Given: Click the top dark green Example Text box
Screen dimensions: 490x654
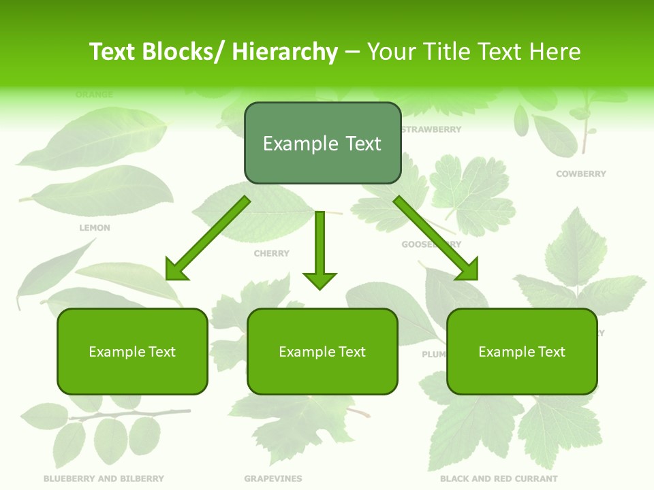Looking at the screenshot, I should coord(322,144).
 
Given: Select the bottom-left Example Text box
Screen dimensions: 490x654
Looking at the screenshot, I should coord(132,352).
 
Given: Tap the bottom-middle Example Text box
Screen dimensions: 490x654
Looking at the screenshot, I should coord(322,352).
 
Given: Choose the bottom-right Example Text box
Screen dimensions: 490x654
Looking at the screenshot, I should coord(522,352).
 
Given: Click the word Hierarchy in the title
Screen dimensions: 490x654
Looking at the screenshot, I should coord(285,52).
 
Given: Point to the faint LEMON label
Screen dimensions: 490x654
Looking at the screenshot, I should coord(95,228).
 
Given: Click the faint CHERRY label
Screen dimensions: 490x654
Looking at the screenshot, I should coord(272,253).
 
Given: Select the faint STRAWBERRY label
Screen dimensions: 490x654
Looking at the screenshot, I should coord(431,129).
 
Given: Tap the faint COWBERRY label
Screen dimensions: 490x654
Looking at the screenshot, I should coord(580,174).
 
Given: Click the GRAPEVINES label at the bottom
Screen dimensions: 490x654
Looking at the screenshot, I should coord(273,478).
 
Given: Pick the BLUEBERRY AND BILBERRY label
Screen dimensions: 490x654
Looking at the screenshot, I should coord(104,478).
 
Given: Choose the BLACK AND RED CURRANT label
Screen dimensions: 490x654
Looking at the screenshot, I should coord(499,478).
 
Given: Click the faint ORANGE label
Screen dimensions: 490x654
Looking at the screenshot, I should coord(95,95).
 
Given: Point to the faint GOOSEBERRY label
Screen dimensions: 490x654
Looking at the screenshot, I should coord(431,244).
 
